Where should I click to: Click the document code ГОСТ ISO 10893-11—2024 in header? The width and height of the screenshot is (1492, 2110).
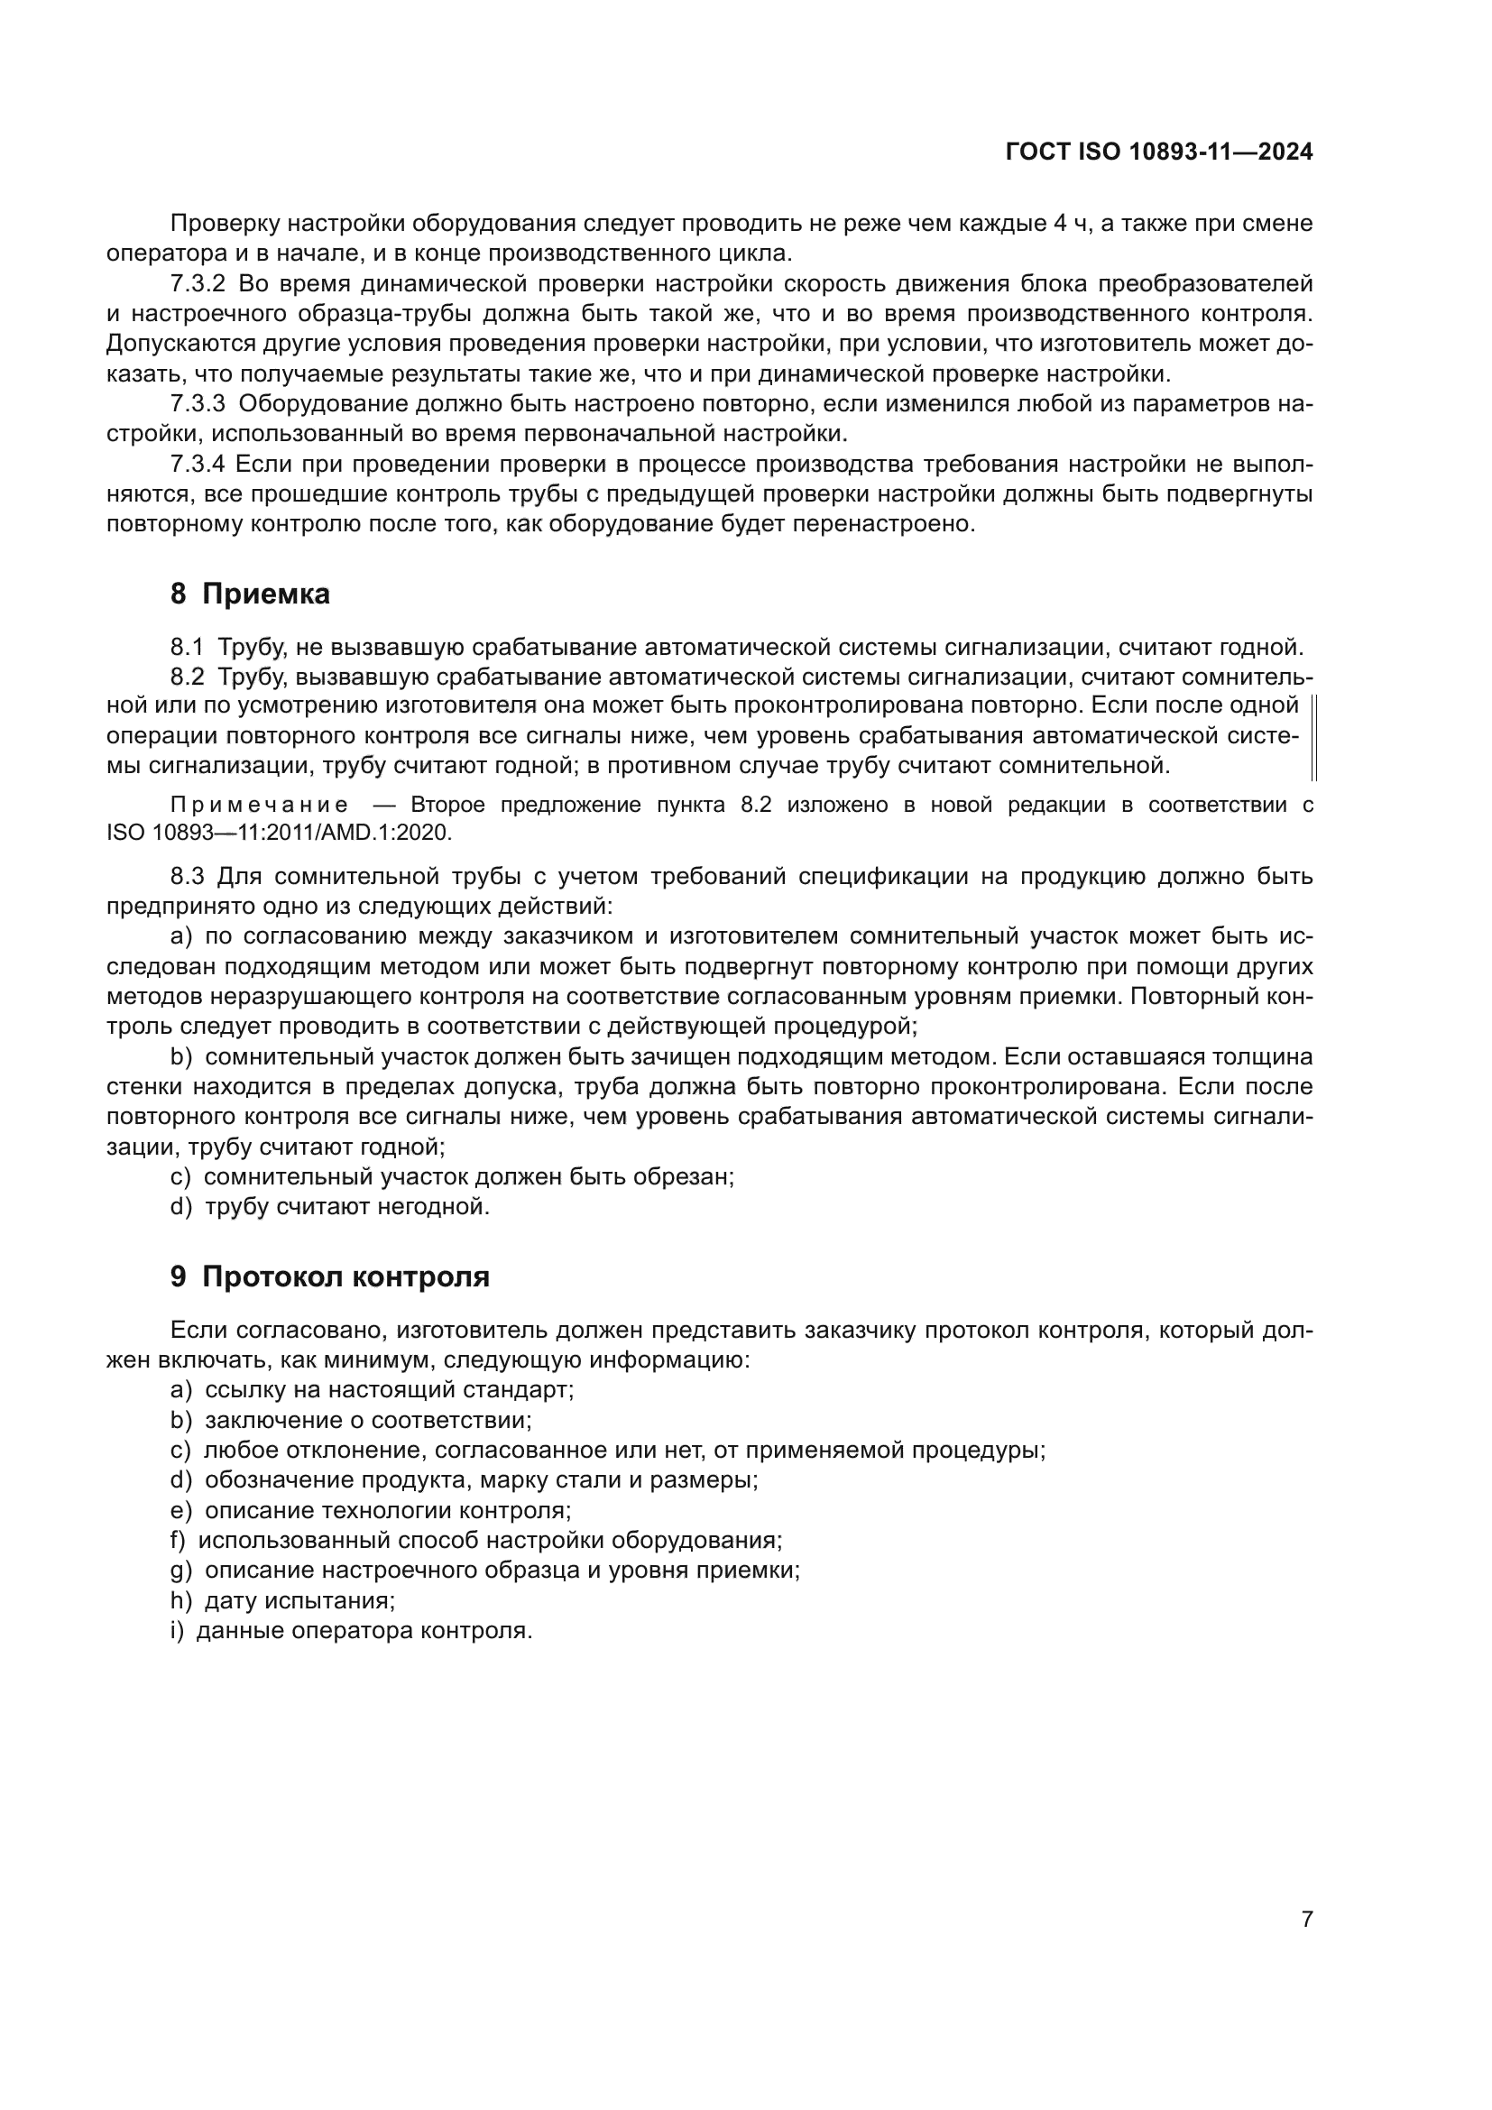[x=1159, y=152]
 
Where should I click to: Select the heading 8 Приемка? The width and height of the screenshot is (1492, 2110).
[x=250, y=594]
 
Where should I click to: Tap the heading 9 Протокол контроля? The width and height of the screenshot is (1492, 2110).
[x=330, y=1276]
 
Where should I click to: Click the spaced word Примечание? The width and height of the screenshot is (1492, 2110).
[x=259, y=806]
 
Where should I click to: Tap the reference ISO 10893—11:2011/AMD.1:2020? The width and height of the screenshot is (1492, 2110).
[x=280, y=834]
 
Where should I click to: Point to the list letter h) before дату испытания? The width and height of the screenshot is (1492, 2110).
[x=180, y=1600]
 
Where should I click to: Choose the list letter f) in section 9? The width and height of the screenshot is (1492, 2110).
[x=179, y=1540]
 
